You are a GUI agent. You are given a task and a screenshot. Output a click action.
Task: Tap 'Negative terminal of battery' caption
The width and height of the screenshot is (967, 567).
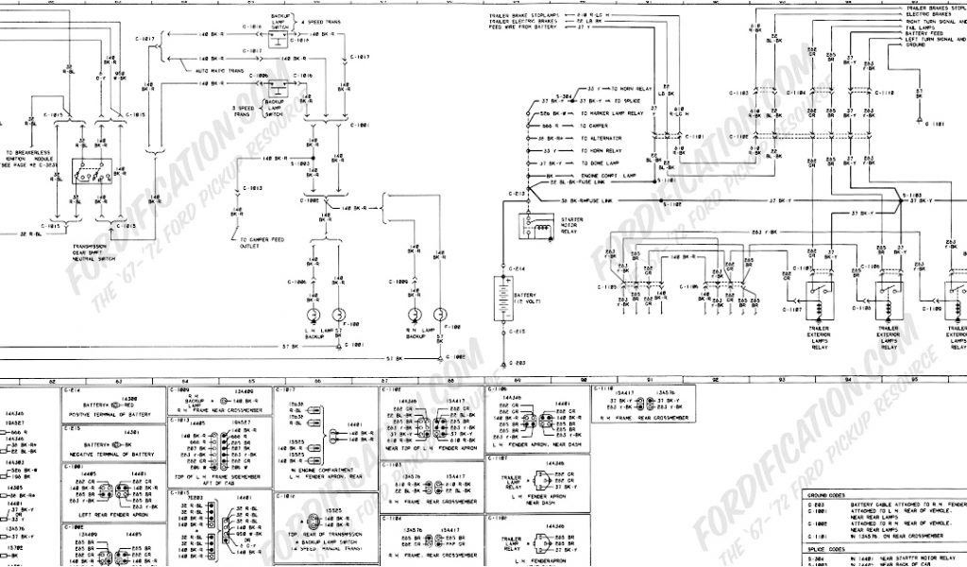point(112,455)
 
